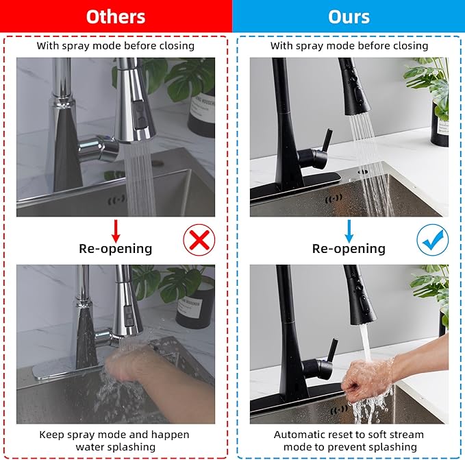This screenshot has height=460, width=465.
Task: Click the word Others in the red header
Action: (x=116, y=16)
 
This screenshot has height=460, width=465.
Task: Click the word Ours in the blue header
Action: (x=349, y=16)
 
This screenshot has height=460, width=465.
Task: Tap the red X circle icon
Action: (x=199, y=240)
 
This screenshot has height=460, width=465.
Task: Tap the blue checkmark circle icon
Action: (x=433, y=240)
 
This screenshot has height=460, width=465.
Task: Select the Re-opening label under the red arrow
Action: (x=115, y=248)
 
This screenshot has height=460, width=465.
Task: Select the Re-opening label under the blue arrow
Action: (x=349, y=248)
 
